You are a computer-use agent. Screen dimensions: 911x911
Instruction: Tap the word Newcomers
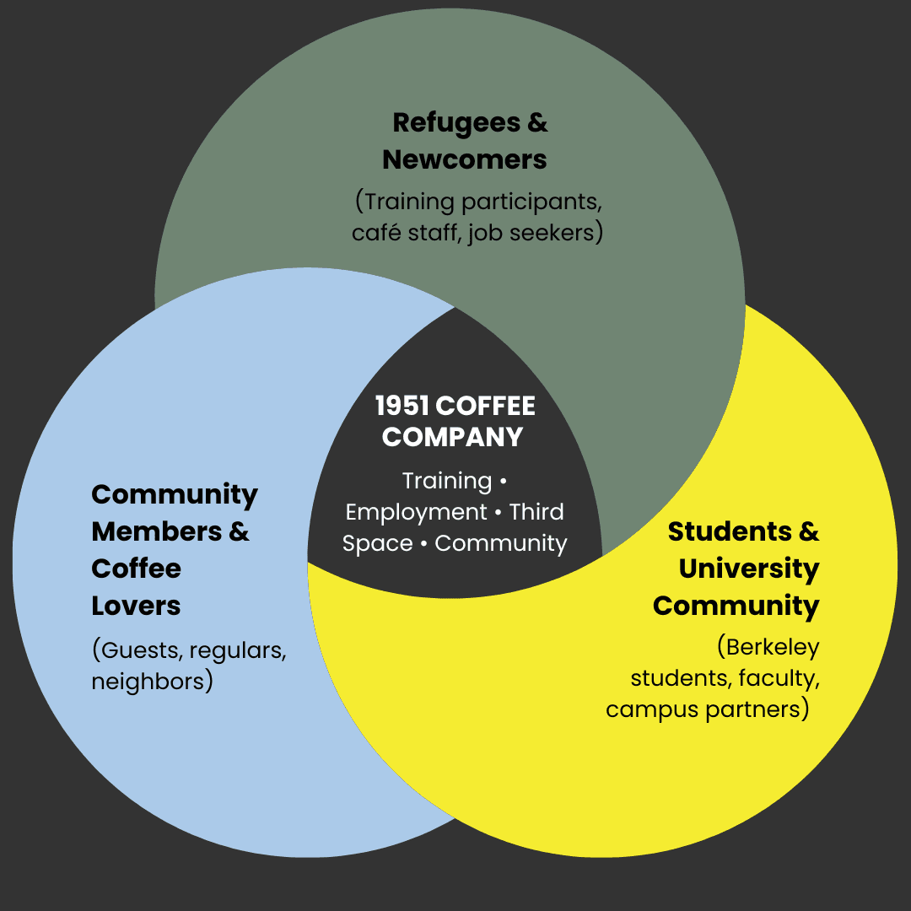pyautogui.click(x=465, y=159)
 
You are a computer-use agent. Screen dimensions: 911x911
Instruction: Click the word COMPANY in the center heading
pyautogui.click(x=452, y=437)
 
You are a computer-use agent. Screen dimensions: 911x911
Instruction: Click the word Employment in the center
pyautogui.click(x=417, y=512)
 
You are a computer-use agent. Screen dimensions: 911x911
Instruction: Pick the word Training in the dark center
pyautogui.click(x=446, y=481)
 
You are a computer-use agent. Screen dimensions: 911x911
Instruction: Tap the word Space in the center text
pyautogui.click(x=377, y=543)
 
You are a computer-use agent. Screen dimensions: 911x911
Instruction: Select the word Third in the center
pyautogui.click(x=536, y=512)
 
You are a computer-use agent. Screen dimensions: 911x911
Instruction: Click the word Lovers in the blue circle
pyautogui.click(x=136, y=606)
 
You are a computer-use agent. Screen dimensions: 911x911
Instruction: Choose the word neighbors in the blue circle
pyautogui.click(x=152, y=681)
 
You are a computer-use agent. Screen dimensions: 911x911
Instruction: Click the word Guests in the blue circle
pyautogui.click(x=139, y=650)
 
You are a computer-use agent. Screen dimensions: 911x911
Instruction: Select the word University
pyautogui.click(x=749, y=569)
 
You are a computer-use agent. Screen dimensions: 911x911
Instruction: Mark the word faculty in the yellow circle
pyautogui.click(x=779, y=677)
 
